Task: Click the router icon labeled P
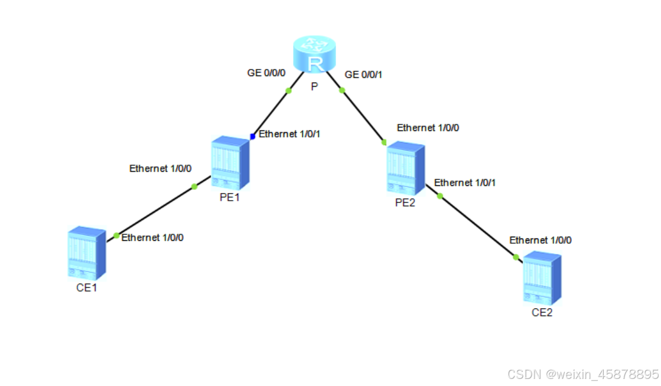point(315,55)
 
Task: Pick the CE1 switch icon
point(86,252)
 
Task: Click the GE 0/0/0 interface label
point(266,73)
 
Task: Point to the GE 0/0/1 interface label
point(364,74)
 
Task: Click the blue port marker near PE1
point(252,136)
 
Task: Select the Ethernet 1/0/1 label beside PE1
point(289,134)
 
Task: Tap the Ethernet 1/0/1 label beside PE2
point(465,183)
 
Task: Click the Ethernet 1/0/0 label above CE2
point(540,240)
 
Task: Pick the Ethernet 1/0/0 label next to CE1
point(152,237)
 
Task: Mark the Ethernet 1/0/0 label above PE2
point(428,127)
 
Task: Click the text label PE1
point(229,198)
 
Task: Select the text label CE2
point(542,313)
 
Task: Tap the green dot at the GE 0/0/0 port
point(289,90)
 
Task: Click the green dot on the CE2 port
point(516,257)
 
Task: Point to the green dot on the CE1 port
point(116,235)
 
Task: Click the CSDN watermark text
point(582,374)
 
